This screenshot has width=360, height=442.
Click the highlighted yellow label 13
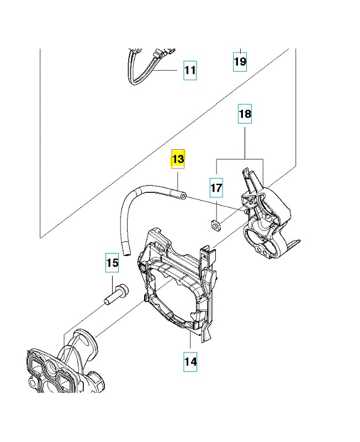178,160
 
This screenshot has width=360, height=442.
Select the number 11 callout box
189,71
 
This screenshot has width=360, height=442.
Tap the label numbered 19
240,61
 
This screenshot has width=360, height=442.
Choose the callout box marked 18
245,114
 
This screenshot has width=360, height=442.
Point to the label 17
216,188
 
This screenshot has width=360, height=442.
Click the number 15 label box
112,264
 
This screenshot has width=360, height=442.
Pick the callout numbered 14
190,362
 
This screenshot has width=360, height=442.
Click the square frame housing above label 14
177,287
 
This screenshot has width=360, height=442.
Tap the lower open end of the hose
126,254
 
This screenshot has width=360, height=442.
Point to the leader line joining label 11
168,71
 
